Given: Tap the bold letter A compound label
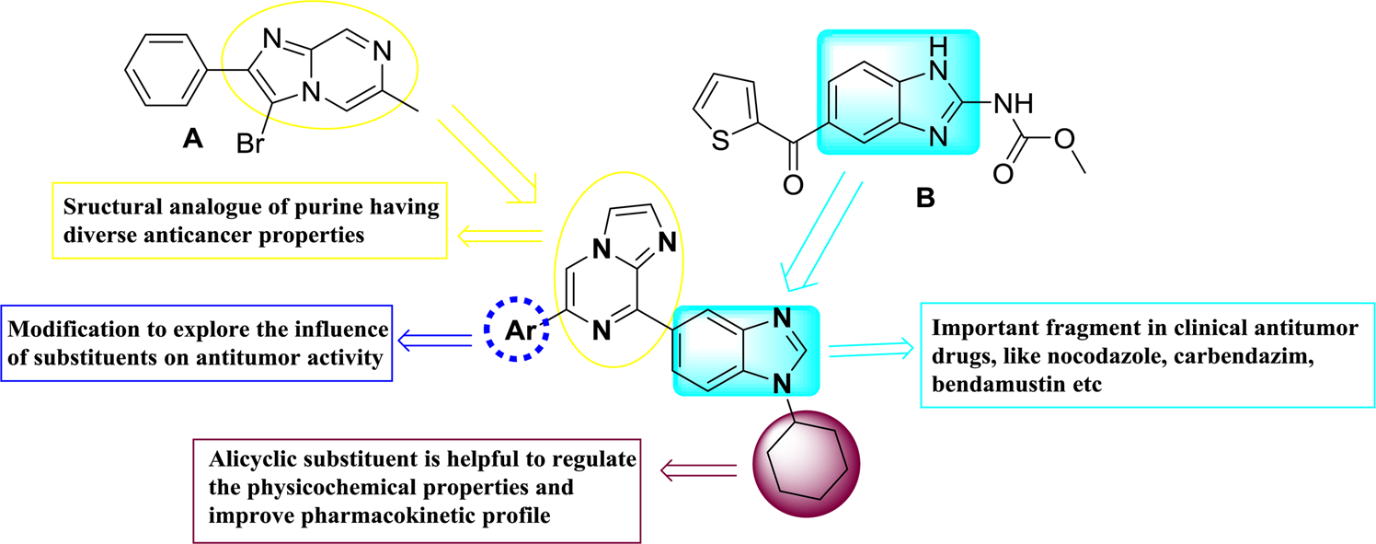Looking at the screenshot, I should pyautogui.click(x=192, y=137).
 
